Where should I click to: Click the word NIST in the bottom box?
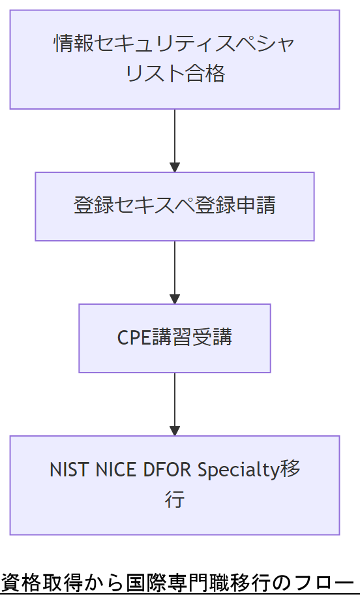click(x=70, y=470)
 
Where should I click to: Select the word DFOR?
click(x=169, y=470)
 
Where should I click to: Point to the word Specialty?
click(x=238, y=470)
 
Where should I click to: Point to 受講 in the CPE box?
click(x=213, y=337)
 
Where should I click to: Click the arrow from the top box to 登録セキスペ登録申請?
click(x=175, y=140)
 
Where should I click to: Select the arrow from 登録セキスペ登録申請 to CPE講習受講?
click(x=175, y=271)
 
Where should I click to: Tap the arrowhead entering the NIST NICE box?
click(x=175, y=430)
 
